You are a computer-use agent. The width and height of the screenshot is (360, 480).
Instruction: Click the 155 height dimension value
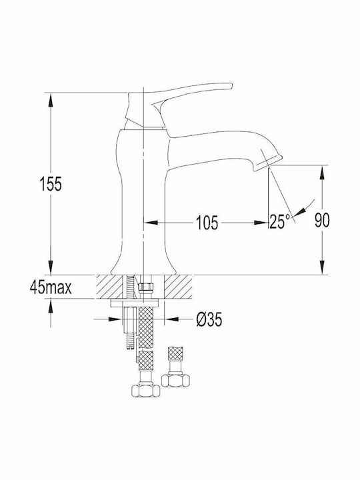(51, 184)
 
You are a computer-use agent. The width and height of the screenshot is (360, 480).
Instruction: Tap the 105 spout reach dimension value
(207, 223)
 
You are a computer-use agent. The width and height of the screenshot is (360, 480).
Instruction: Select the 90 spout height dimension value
(323, 220)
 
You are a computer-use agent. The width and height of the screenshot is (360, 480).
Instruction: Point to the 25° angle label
(279, 221)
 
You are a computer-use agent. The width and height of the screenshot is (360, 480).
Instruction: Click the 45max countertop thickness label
(51, 287)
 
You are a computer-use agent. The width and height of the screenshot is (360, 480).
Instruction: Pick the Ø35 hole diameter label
(209, 319)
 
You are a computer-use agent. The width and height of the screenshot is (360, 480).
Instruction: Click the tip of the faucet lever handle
(231, 85)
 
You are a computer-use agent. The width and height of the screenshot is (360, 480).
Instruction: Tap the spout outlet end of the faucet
(269, 162)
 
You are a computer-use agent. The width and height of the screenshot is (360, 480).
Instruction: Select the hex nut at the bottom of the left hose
(146, 391)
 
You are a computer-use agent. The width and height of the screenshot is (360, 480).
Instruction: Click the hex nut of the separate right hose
(175, 381)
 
